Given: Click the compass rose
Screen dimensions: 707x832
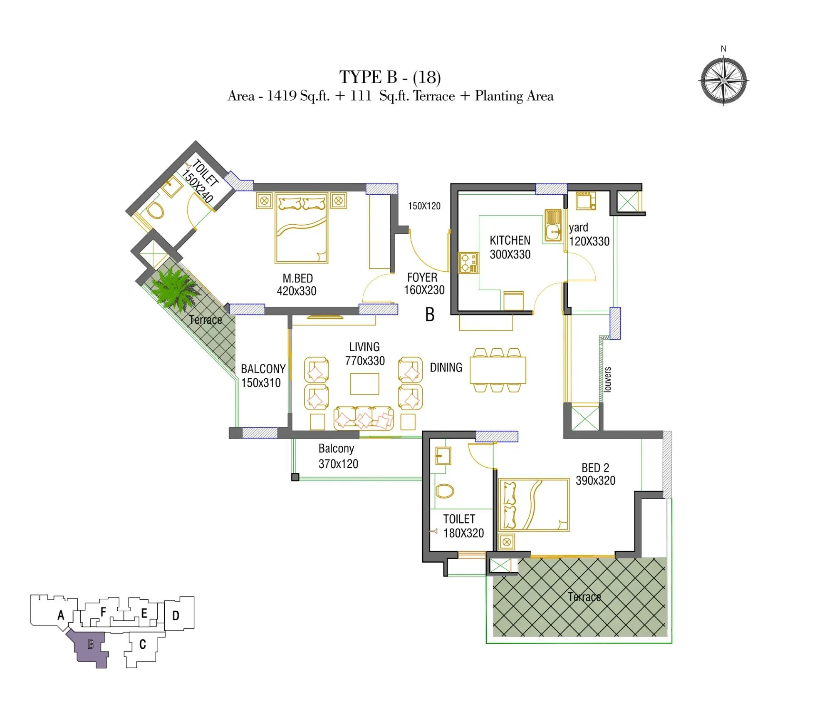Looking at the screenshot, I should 723,81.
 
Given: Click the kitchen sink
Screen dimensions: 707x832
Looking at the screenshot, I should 553,226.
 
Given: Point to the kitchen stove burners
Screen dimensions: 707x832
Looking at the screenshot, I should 468,263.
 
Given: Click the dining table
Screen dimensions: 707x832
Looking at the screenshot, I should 498,370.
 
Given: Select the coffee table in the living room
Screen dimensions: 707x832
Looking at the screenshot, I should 364,384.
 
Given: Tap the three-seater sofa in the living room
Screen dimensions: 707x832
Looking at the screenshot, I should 363,419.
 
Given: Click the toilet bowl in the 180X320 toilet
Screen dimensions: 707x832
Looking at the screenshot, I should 444,491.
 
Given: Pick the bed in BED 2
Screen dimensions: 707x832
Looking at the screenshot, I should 534,504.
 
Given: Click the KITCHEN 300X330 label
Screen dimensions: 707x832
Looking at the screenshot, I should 510,247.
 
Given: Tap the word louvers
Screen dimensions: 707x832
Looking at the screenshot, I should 608,379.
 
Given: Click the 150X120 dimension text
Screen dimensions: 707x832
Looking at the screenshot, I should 424,206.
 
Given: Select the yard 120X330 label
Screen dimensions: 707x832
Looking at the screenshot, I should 588,235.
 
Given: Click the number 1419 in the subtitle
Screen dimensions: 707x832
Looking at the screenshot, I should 282,96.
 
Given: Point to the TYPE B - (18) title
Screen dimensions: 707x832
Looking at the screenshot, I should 390,77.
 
